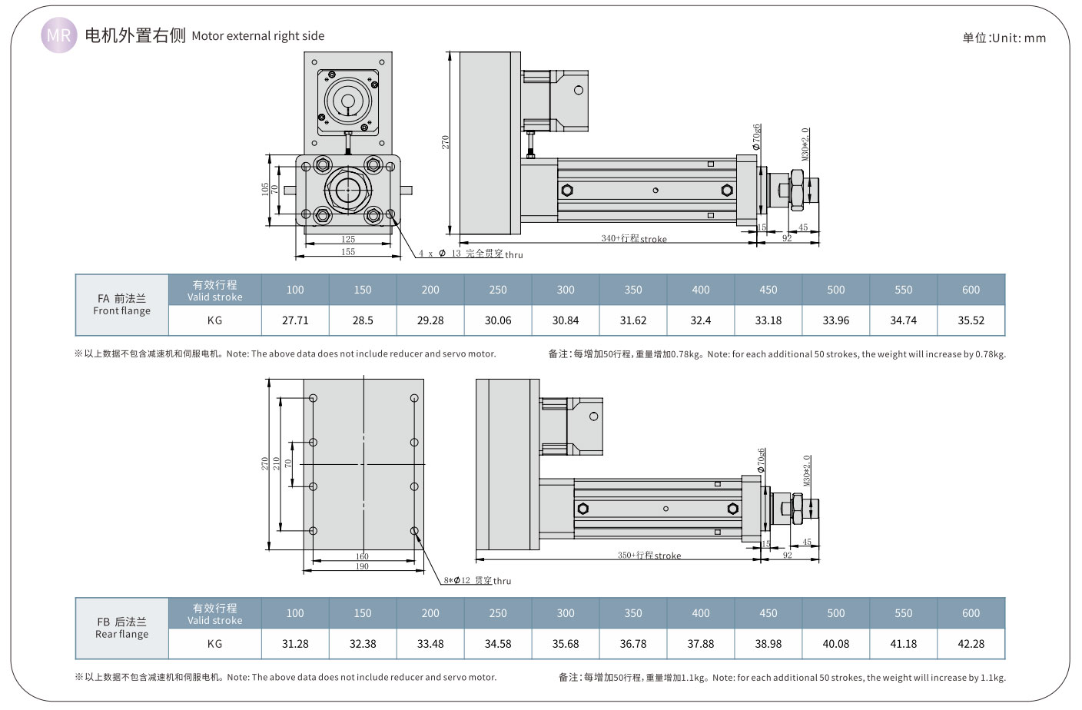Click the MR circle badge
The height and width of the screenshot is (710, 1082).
click(x=58, y=35)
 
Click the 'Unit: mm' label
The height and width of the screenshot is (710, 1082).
click(x=1004, y=38)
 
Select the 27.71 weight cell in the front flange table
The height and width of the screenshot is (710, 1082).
click(x=295, y=320)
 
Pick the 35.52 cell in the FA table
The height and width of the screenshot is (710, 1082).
click(x=971, y=320)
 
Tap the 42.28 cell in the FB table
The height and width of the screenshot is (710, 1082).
click(x=971, y=644)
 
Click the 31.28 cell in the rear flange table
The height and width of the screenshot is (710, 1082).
click(x=295, y=644)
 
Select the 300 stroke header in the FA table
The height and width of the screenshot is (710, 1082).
click(x=566, y=290)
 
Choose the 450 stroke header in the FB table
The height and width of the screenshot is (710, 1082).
click(x=768, y=613)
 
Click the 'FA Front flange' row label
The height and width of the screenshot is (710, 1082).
click(x=121, y=304)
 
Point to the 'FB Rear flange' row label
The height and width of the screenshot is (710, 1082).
click(x=121, y=628)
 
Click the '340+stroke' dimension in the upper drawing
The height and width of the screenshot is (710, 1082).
click(x=633, y=239)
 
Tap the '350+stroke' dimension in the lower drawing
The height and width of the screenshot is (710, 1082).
click(x=649, y=555)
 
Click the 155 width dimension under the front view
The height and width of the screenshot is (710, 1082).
click(x=348, y=252)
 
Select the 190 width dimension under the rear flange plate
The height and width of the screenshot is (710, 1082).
click(x=362, y=566)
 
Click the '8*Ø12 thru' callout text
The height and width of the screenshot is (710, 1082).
click(x=477, y=581)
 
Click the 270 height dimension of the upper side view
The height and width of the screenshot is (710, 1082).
click(x=445, y=142)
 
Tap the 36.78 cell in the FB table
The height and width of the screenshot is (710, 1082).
click(x=632, y=644)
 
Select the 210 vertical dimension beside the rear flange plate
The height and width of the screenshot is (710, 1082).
click(x=276, y=464)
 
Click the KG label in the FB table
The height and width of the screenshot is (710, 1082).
click(x=214, y=644)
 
